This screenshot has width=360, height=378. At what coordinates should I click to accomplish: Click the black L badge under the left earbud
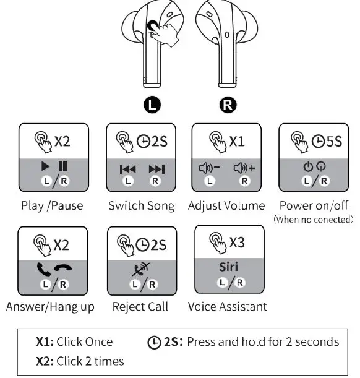(152, 103)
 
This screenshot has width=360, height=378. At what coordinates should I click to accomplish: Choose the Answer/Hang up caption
(50, 307)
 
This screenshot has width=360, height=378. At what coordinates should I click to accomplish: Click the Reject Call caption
(140, 307)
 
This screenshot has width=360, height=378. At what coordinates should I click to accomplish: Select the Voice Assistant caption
(228, 306)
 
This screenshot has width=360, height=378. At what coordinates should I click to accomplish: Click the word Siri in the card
(228, 267)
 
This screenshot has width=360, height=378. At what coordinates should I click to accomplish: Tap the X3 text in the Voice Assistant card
(237, 243)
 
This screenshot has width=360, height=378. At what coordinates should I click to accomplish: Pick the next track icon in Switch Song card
(156, 169)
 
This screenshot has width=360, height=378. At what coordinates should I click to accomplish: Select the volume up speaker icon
(244, 168)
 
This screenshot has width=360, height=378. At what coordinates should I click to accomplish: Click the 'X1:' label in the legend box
(48, 342)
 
